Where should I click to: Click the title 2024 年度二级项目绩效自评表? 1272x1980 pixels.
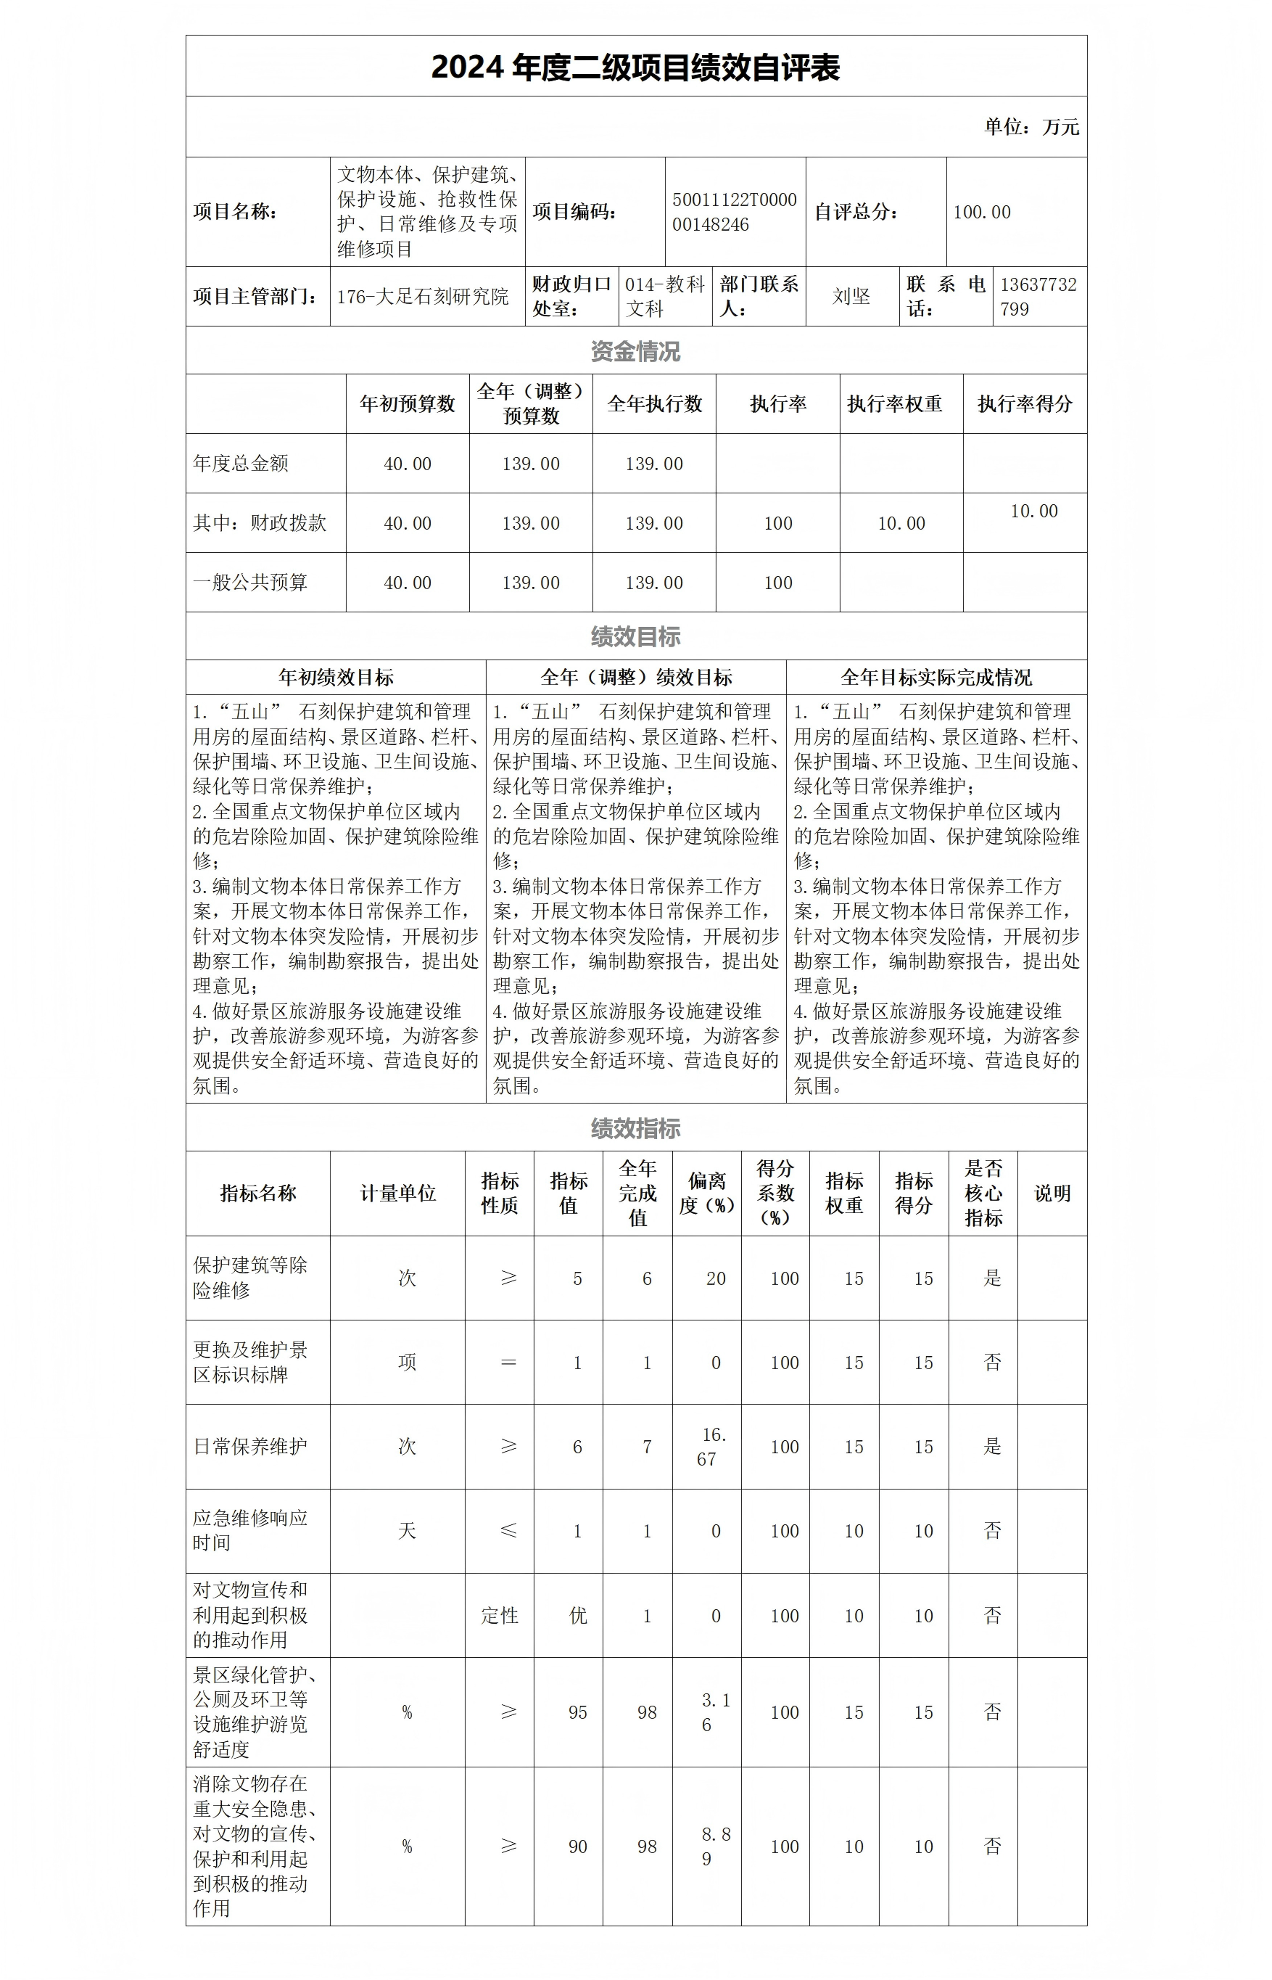point(635,67)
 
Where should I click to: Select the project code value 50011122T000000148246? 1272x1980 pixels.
point(735,213)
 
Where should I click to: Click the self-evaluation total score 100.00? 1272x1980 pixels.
point(981,213)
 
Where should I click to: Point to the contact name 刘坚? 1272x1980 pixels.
point(851,297)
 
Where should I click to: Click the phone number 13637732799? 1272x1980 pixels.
point(1038,297)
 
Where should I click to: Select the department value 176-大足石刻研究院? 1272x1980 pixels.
point(422,297)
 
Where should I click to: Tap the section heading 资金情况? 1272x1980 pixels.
point(635,351)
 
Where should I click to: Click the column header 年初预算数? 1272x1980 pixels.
point(408,404)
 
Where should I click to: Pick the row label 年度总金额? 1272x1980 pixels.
point(240,464)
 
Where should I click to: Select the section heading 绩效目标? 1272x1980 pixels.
point(635,636)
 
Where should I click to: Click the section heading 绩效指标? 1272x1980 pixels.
point(635,1128)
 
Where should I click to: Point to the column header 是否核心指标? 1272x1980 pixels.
point(983,1194)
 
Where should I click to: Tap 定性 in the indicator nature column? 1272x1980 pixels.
point(500,1616)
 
